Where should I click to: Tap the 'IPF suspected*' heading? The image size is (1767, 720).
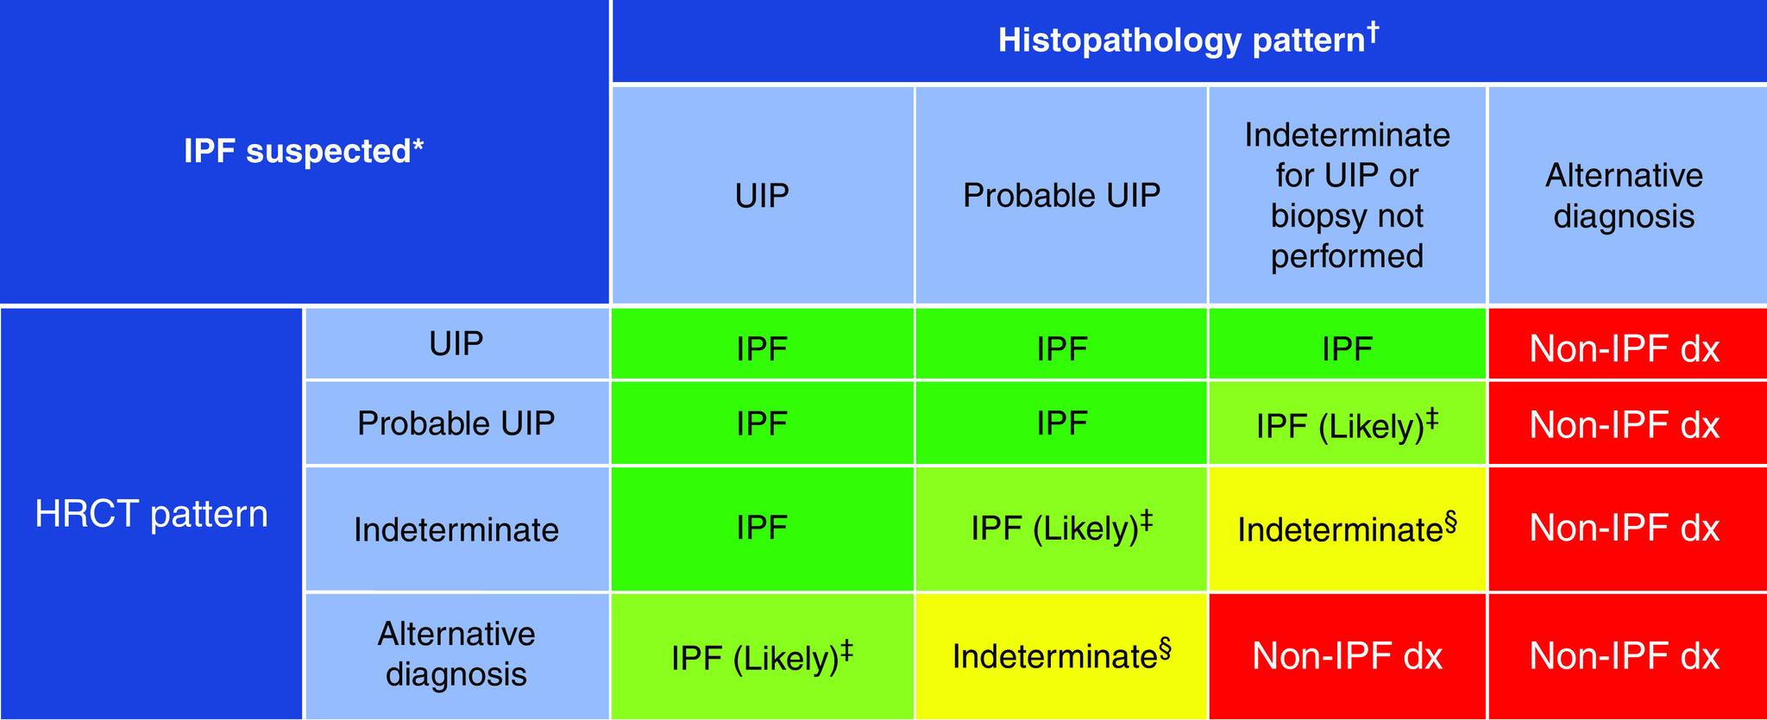coord(304,152)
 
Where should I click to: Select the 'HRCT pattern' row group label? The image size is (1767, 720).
coord(151,514)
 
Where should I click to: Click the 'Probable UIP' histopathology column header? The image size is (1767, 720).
coord(1061,196)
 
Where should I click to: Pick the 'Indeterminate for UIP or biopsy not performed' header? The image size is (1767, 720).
coord(1347,196)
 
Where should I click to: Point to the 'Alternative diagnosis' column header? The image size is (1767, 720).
coord(1624,196)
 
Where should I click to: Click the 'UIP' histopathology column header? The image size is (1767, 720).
coord(762,196)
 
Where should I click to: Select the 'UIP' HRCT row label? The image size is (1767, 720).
coord(456,343)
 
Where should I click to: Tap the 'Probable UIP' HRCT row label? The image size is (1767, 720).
coord(456,423)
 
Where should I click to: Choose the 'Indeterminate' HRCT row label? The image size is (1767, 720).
coord(456,529)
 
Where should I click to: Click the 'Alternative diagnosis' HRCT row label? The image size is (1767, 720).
coord(456,654)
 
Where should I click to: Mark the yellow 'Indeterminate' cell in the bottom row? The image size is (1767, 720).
coord(1061,655)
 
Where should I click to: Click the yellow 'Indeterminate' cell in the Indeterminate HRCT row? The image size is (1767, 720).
coord(1347,528)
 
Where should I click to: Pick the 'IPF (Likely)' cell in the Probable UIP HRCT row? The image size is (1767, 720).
coord(1347,424)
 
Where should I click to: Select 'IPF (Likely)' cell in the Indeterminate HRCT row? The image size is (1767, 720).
coord(1061,528)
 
